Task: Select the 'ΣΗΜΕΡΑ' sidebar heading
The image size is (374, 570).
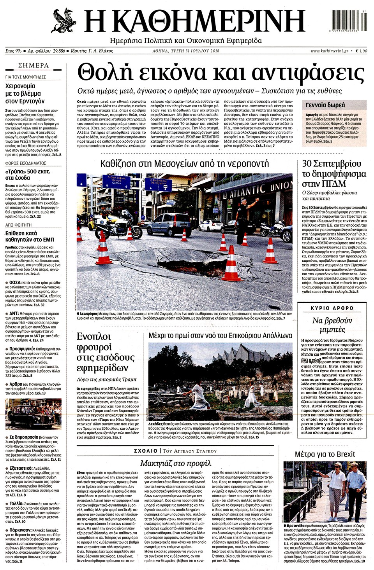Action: pyautogui.click(x=34, y=66)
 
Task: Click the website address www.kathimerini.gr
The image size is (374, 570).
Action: pyautogui.click(x=329, y=51)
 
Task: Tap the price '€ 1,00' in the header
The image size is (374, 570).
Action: pyautogui.click(x=361, y=51)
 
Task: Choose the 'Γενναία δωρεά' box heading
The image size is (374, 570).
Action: pyautogui.click(x=325, y=105)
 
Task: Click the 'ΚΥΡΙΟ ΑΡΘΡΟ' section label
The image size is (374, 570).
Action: pyautogui.click(x=332, y=308)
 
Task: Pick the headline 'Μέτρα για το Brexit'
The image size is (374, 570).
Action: pyautogui.click(x=325, y=454)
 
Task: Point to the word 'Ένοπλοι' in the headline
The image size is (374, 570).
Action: pyautogui.click(x=94, y=337)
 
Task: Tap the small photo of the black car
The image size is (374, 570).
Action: pyautogui.click(x=33, y=414)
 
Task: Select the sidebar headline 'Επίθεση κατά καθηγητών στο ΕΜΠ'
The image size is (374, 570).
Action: pyautogui.click(x=30, y=236)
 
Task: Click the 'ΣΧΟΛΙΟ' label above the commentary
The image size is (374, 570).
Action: pyautogui.click(x=145, y=451)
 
